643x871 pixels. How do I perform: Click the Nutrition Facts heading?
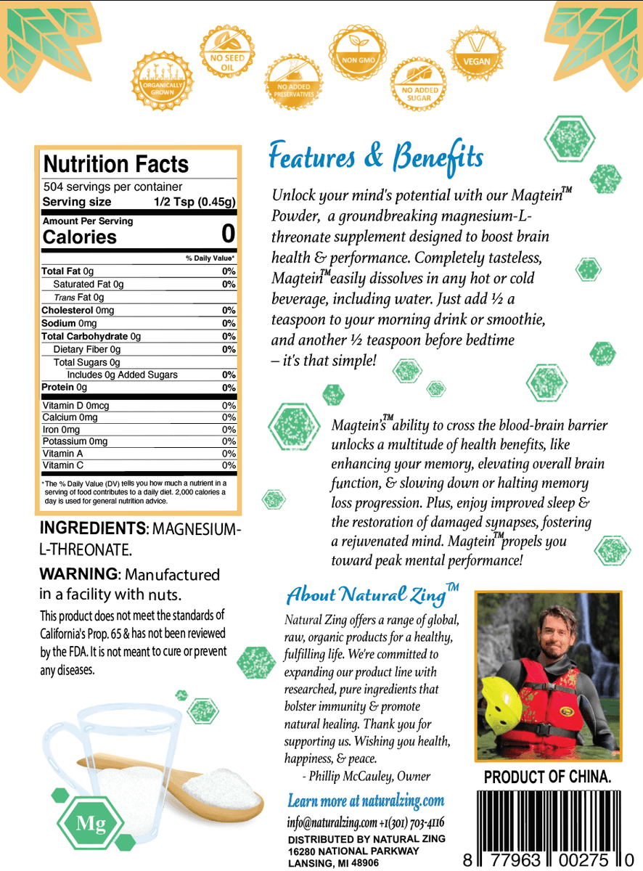click(116, 163)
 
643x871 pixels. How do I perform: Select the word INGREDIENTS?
click(92, 528)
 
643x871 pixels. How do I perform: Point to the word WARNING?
click(78, 574)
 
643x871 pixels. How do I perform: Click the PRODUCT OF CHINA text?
click(547, 777)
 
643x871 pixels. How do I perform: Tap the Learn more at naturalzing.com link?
click(366, 801)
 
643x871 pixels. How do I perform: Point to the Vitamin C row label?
click(63, 465)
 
